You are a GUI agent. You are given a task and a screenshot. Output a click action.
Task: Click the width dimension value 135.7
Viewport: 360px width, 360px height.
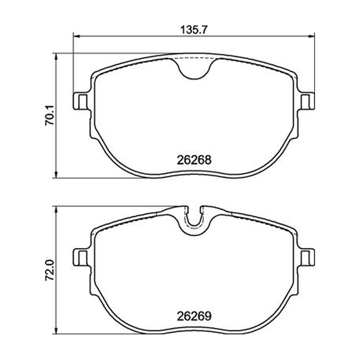pyautogui.click(x=194, y=30)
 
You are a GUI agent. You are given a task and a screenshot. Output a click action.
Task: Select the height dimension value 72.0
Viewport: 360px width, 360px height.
pyautogui.click(x=49, y=270)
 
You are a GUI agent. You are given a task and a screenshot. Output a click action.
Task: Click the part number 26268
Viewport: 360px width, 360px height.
pyautogui.click(x=194, y=160)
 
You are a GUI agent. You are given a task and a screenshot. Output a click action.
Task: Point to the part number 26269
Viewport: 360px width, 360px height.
pyautogui.click(x=194, y=316)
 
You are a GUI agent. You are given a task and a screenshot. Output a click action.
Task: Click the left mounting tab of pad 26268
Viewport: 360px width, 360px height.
pyautogui.click(x=81, y=101)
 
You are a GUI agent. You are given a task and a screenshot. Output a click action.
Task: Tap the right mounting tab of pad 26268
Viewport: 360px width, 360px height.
pyautogui.click(x=307, y=101)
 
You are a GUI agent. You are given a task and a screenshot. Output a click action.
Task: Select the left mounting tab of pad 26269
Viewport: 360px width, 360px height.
pyautogui.click(x=81, y=257)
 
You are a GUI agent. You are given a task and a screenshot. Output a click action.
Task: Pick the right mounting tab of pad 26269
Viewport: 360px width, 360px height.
pyautogui.click(x=307, y=257)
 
